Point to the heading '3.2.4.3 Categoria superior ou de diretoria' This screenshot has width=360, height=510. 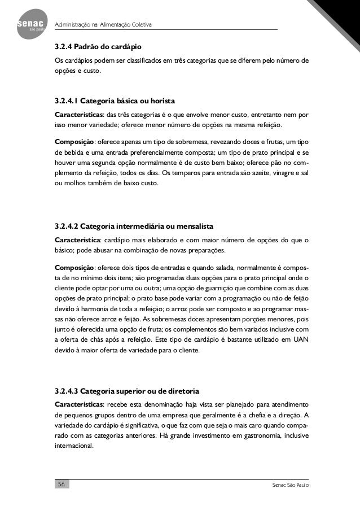point(127,391)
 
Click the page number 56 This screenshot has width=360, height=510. point(62,486)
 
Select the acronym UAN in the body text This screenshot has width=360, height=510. point(299,340)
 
